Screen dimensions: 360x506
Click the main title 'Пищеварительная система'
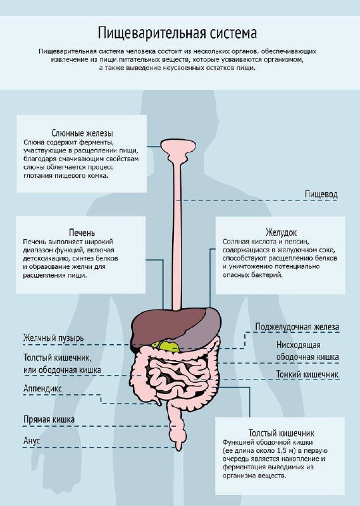177,34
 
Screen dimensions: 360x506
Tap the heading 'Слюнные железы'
82,133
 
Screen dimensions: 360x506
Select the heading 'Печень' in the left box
82,233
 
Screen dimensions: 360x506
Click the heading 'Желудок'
281,232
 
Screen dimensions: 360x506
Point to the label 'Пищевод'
321,194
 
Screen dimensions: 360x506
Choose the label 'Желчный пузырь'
53,338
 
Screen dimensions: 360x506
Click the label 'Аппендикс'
42,388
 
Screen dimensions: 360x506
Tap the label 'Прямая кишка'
49,419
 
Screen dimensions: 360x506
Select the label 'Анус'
32,440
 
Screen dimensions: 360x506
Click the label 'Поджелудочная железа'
297,327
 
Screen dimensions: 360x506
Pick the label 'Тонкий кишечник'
307,374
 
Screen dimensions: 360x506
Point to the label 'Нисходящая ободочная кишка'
307,351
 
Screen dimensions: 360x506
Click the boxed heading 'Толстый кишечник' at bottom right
281,433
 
